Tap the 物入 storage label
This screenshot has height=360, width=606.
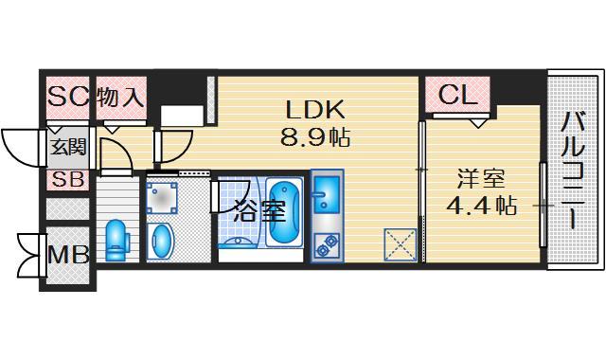pyautogui.click(x=121, y=96)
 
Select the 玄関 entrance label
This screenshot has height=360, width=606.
pyautogui.click(x=67, y=147)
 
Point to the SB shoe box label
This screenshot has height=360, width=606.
pyautogui.click(x=67, y=179)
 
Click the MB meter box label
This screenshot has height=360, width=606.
pyautogui.click(x=67, y=253)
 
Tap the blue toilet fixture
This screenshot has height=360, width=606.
pyautogui.click(x=116, y=239)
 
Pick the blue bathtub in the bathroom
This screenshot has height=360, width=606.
pyautogui.click(x=282, y=212)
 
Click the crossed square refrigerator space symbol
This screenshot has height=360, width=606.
pyautogui.click(x=401, y=243)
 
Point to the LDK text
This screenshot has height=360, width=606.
pyautogui.click(x=315, y=108)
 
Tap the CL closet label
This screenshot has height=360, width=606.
pyautogui.click(x=457, y=95)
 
